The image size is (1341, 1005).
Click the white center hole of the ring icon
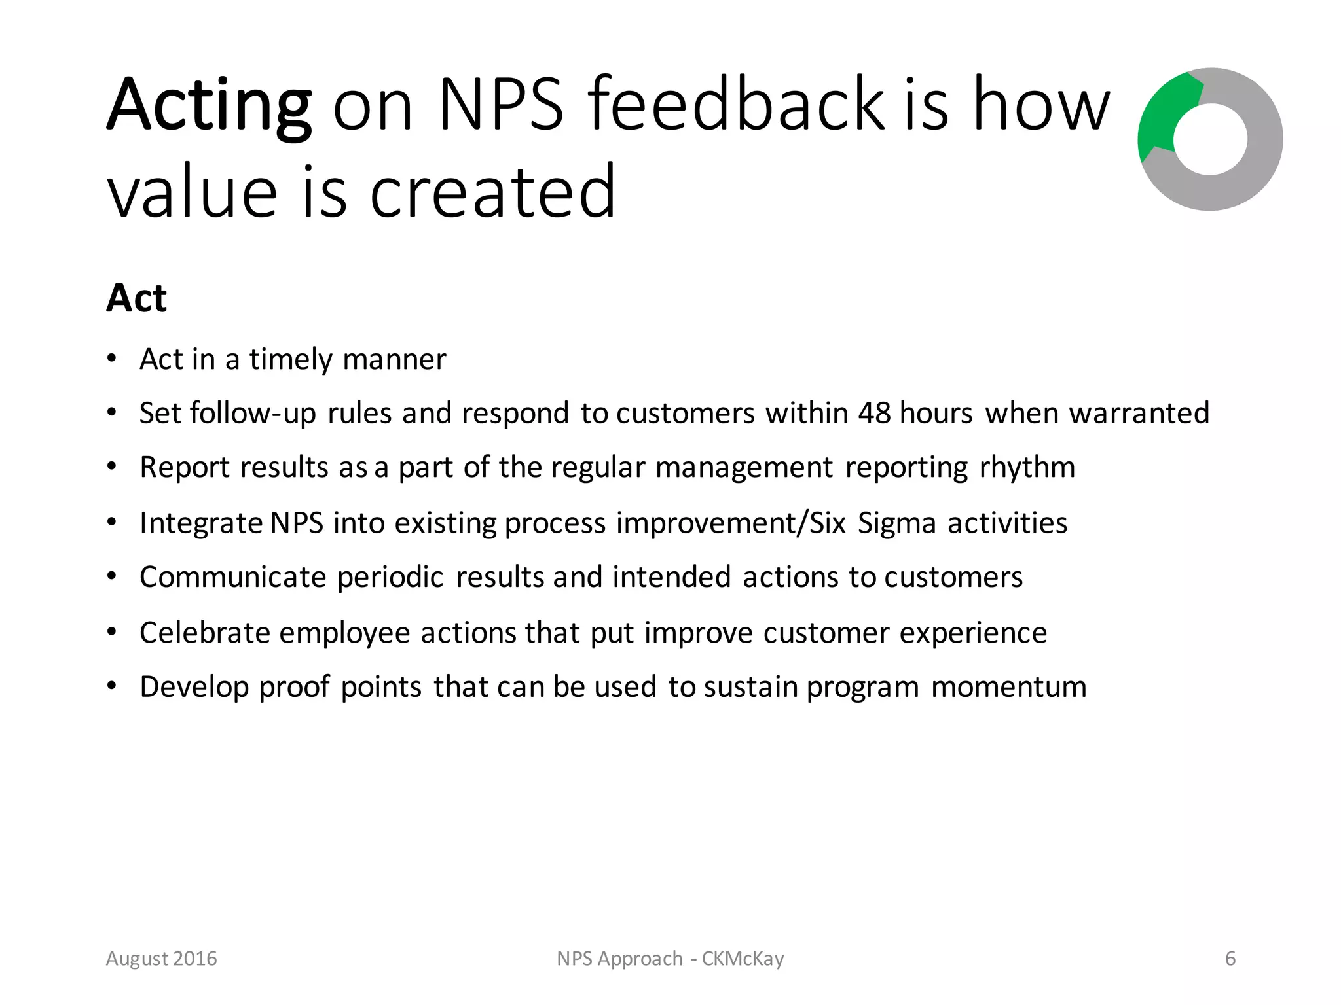(1210, 139)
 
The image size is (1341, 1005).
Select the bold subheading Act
(136, 298)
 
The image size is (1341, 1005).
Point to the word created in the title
(492, 192)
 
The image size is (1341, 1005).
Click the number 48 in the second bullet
(874, 413)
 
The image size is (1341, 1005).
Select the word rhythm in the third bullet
(1027, 468)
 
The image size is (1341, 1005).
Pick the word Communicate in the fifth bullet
(232, 577)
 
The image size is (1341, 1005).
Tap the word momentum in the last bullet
(1008, 687)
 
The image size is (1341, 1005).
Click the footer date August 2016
(161, 959)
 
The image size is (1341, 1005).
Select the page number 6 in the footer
(1230, 959)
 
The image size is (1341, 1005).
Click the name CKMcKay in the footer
(743, 959)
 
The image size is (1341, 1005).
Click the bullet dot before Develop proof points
(112, 686)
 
